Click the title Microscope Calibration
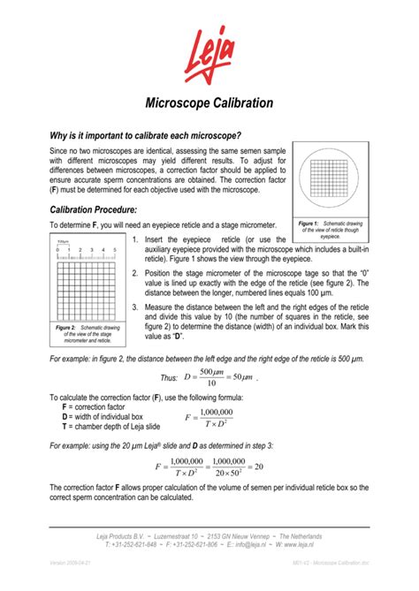209,103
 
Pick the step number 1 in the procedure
133,240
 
